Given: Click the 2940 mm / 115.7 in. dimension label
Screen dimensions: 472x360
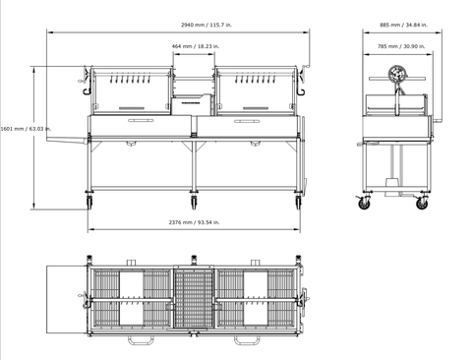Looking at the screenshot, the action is [x=206, y=25].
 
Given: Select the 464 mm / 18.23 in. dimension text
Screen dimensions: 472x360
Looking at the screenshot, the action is [x=196, y=46].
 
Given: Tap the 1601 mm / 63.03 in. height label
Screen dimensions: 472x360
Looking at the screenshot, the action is [x=26, y=129].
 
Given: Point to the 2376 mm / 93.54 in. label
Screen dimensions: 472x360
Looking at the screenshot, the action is [x=194, y=222].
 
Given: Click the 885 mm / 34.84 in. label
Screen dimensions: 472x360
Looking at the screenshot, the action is [x=403, y=25].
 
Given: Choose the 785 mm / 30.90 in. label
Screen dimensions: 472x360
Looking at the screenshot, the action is [x=401, y=46].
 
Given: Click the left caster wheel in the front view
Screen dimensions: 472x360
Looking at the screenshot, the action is [x=89, y=202].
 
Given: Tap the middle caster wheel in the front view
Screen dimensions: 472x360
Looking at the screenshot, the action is [x=194, y=203].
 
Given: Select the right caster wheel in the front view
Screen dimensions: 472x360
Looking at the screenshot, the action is [x=298, y=203].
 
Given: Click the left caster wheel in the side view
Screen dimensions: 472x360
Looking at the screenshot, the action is [x=364, y=204].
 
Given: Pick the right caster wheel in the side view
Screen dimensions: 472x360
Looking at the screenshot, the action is [x=422, y=204].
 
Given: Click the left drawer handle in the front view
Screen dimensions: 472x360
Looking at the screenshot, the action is [x=141, y=121].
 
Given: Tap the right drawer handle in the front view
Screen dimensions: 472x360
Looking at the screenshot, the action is [x=247, y=121].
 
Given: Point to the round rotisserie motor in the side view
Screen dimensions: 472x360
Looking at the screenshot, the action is [x=397, y=74].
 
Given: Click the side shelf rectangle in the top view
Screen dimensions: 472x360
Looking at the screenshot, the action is [x=67, y=300].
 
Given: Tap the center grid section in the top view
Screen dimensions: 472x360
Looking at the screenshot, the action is [x=194, y=299].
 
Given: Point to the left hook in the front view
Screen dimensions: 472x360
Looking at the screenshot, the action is [x=87, y=90].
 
